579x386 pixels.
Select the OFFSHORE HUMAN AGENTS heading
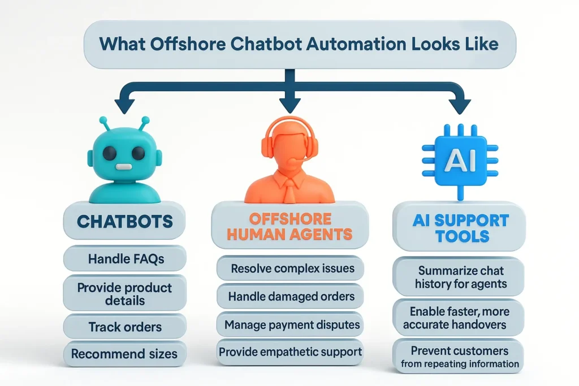coord(289,225)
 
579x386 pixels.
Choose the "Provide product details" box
coord(124,293)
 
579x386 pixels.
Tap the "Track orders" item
coord(124,327)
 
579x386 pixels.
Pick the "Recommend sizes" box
coord(124,354)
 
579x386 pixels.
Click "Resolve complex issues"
coord(289,268)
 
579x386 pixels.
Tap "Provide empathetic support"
coord(290,352)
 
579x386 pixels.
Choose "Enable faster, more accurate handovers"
coord(459,318)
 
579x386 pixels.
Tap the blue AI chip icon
coord(459,161)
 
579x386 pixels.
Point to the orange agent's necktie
coord(289,189)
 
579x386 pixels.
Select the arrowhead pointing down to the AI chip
coord(459,105)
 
